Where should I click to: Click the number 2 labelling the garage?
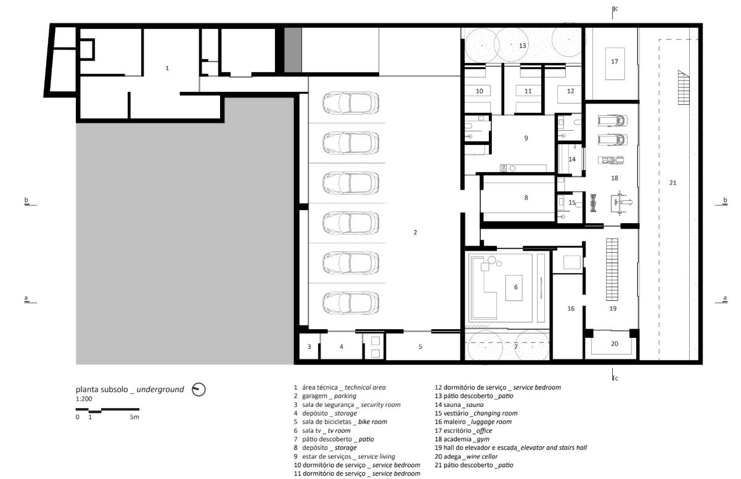pyautogui.click(x=415, y=232)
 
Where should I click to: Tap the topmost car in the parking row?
pyautogui.click(x=351, y=103)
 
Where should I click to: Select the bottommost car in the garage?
pyautogui.click(x=351, y=303)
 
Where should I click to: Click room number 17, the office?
pyautogui.click(x=614, y=62)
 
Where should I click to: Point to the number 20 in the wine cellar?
pyautogui.click(x=614, y=344)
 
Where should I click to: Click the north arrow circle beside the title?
pyautogui.click(x=199, y=390)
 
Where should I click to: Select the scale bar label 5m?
pyautogui.click(x=134, y=417)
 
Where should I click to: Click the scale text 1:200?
pyautogui.click(x=84, y=399)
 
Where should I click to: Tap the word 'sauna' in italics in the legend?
pyautogui.click(x=475, y=404)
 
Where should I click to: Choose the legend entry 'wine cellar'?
pyautogui.click(x=481, y=457)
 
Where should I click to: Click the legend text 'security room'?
pyautogui.click(x=380, y=404)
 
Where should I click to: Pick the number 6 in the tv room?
pyautogui.click(x=516, y=287)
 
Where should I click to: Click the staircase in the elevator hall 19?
pyautogui.click(x=612, y=269)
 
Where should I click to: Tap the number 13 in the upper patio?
pyautogui.click(x=522, y=46)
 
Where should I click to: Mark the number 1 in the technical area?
pyautogui.click(x=167, y=68)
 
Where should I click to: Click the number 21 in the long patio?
pyautogui.click(x=673, y=182)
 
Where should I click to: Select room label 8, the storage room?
pyautogui.click(x=526, y=198)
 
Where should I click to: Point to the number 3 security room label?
pyautogui.click(x=309, y=346)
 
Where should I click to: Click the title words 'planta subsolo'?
pyautogui.click(x=102, y=390)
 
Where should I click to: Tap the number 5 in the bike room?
pyautogui.click(x=420, y=346)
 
